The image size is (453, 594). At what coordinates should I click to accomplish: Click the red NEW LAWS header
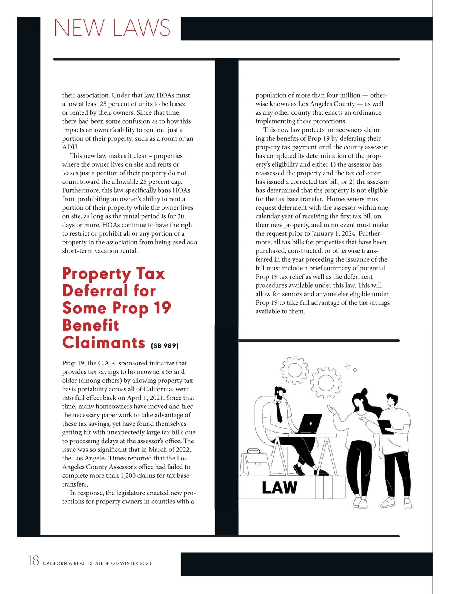click(x=112, y=28)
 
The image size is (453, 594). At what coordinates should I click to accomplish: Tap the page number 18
click(x=33, y=560)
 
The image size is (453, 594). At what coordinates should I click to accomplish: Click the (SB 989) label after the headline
click(x=165, y=345)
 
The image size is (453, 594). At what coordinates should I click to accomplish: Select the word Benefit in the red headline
click(x=91, y=325)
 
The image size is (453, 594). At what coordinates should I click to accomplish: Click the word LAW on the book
click(x=279, y=488)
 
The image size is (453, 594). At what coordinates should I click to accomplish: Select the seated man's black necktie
click(x=279, y=412)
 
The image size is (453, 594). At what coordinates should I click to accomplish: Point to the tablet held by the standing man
click(x=385, y=427)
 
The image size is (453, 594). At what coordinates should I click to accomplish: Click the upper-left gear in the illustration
click(x=295, y=370)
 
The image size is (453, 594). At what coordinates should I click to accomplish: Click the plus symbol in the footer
click(x=107, y=563)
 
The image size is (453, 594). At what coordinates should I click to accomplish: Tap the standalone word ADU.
click(x=70, y=147)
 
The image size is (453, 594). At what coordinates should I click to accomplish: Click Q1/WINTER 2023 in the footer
click(x=131, y=563)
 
